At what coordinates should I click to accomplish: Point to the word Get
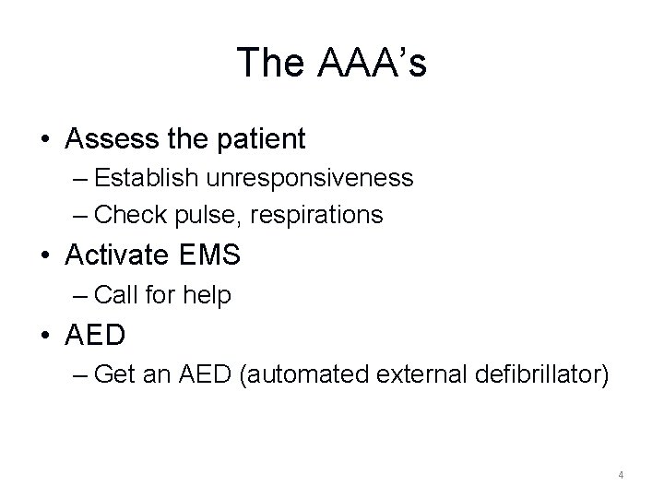[112, 375]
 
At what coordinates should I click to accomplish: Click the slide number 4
[621, 475]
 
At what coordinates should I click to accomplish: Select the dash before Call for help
[80, 296]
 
